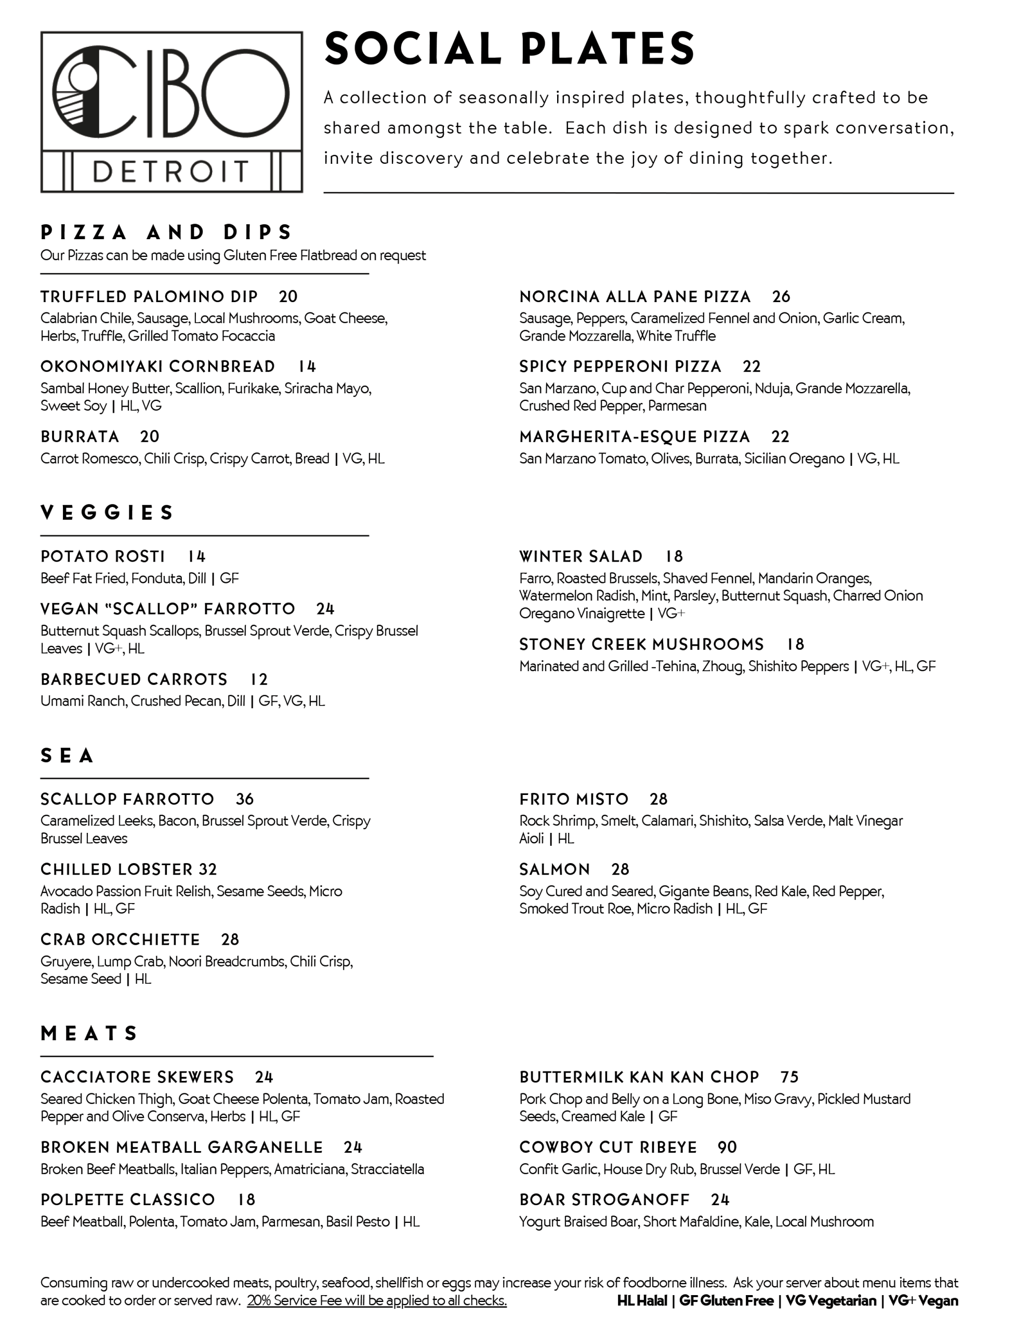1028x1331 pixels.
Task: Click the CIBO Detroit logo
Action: coord(171,112)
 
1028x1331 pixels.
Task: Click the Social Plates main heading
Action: coord(509,49)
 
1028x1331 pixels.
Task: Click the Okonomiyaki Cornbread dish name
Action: coord(157,366)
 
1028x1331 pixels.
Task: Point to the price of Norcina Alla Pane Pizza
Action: coord(781,297)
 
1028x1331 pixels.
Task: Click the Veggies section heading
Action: coord(107,513)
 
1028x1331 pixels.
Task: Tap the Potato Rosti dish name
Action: coord(102,556)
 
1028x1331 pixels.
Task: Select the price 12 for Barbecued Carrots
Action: coord(259,680)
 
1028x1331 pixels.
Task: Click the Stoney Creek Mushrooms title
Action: coord(641,644)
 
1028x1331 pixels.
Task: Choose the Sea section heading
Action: coord(67,755)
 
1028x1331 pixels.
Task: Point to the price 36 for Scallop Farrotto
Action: coord(244,799)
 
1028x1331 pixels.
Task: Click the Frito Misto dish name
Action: coord(573,799)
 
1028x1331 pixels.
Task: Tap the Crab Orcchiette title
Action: coord(120,939)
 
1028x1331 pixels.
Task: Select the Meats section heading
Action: coord(89,1034)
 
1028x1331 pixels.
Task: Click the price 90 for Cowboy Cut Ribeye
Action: coord(727,1147)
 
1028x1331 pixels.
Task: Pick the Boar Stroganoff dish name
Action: coord(604,1200)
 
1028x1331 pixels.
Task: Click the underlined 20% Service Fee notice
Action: coord(377,1300)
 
